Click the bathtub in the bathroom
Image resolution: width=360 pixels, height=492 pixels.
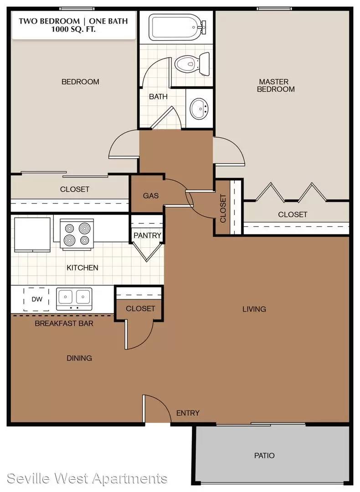(x=177, y=27)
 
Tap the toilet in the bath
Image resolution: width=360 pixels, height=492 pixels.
(x=192, y=64)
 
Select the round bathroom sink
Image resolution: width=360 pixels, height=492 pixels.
(x=199, y=108)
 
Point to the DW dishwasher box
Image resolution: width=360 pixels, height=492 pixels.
(x=36, y=299)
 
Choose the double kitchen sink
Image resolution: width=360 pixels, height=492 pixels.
(x=74, y=299)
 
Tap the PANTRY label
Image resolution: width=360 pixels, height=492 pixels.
(x=147, y=236)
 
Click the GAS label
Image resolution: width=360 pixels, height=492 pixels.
(x=151, y=196)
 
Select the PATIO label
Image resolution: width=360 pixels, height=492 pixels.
(x=264, y=455)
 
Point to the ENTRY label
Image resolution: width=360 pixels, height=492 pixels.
(x=188, y=413)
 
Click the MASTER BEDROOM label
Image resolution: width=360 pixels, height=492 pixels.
(x=276, y=85)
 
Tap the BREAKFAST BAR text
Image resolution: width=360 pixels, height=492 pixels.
(x=64, y=323)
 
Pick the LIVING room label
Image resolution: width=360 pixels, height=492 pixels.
(x=254, y=309)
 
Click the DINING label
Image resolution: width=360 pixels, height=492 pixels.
(x=79, y=358)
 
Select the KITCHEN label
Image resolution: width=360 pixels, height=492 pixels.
(x=82, y=268)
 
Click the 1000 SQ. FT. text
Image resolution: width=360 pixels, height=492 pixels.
(x=73, y=30)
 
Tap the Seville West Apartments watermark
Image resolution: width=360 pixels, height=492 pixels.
(x=87, y=478)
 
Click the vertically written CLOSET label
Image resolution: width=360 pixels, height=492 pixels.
(x=223, y=208)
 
